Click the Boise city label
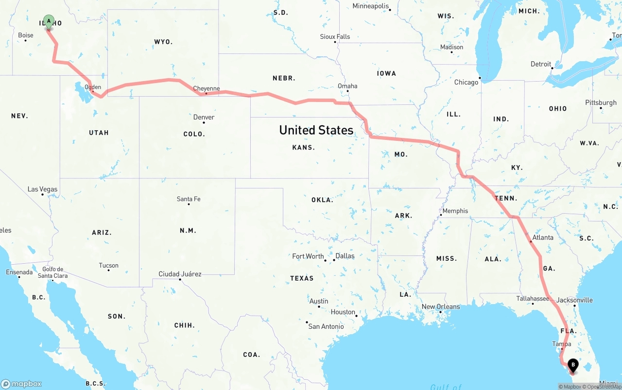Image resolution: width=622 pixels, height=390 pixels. pyautogui.click(x=26, y=35)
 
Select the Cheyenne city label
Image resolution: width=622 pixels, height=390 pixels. pyautogui.click(x=207, y=88)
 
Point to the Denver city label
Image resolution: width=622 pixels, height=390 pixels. pyautogui.click(x=204, y=117)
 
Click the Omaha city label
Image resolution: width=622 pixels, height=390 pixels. pyautogui.click(x=347, y=86)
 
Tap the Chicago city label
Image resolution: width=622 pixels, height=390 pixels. pyautogui.click(x=466, y=82)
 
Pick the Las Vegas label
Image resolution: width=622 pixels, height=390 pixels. pyautogui.click(x=42, y=189)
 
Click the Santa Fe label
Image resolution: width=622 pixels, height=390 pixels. pyautogui.click(x=189, y=199)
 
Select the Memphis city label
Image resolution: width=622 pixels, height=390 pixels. pyautogui.click(x=455, y=211)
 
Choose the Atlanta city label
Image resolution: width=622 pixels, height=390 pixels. pyautogui.click(x=543, y=237)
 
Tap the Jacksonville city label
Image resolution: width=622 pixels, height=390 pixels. pyautogui.click(x=574, y=300)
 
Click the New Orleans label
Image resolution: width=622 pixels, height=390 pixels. pyautogui.click(x=441, y=306)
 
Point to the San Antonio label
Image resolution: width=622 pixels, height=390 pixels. pyautogui.click(x=326, y=326)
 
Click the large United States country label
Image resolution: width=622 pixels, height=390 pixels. pyautogui.click(x=316, y=130)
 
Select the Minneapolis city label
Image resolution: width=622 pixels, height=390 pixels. pyautogui.click(x=371, y=6)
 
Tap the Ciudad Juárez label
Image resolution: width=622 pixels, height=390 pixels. pyautogui.click(x=180, y=274)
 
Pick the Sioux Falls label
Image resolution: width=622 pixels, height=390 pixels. pyautogui.click(x=335, y=36)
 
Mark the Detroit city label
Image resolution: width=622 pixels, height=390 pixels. pyautogui.click(x=541, y=64)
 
